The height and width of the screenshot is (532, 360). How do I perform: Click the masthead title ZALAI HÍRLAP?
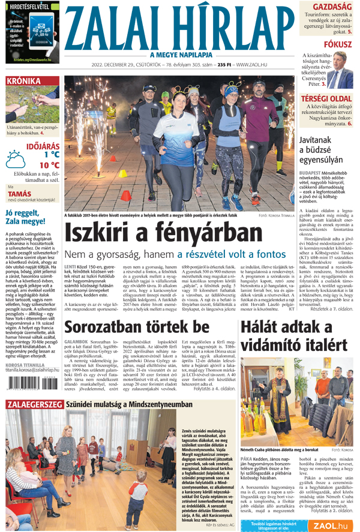point(180,27)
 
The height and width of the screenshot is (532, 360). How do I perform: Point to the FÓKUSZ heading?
point(338,44)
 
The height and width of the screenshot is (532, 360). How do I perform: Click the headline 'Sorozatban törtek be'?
point(137,327)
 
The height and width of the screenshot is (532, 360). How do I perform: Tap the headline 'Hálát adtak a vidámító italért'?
point(294,336)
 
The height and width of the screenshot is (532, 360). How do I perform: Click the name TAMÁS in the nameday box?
point(20,194)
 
